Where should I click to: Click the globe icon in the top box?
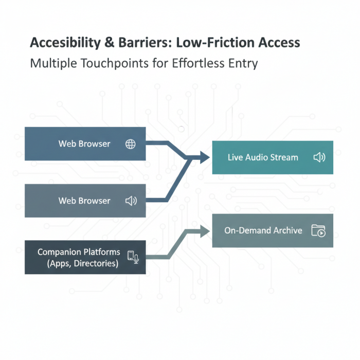coord(131,144)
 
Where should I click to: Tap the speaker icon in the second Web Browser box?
coord(131,201)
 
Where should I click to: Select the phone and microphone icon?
coord(133,257)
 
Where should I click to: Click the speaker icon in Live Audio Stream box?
coord(319,157)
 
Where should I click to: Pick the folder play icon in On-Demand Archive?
coord(318,230)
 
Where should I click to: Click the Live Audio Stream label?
coord(263,157)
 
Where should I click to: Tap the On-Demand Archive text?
coord(263,230)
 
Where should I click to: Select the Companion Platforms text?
coord(79,252)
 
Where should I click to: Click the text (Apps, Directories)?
coord(82,264)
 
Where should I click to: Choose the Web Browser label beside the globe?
coord(84,144)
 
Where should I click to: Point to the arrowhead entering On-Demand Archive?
coord(206,231)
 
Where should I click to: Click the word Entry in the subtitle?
coord(245,64)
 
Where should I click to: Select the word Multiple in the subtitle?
coord(51,64)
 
